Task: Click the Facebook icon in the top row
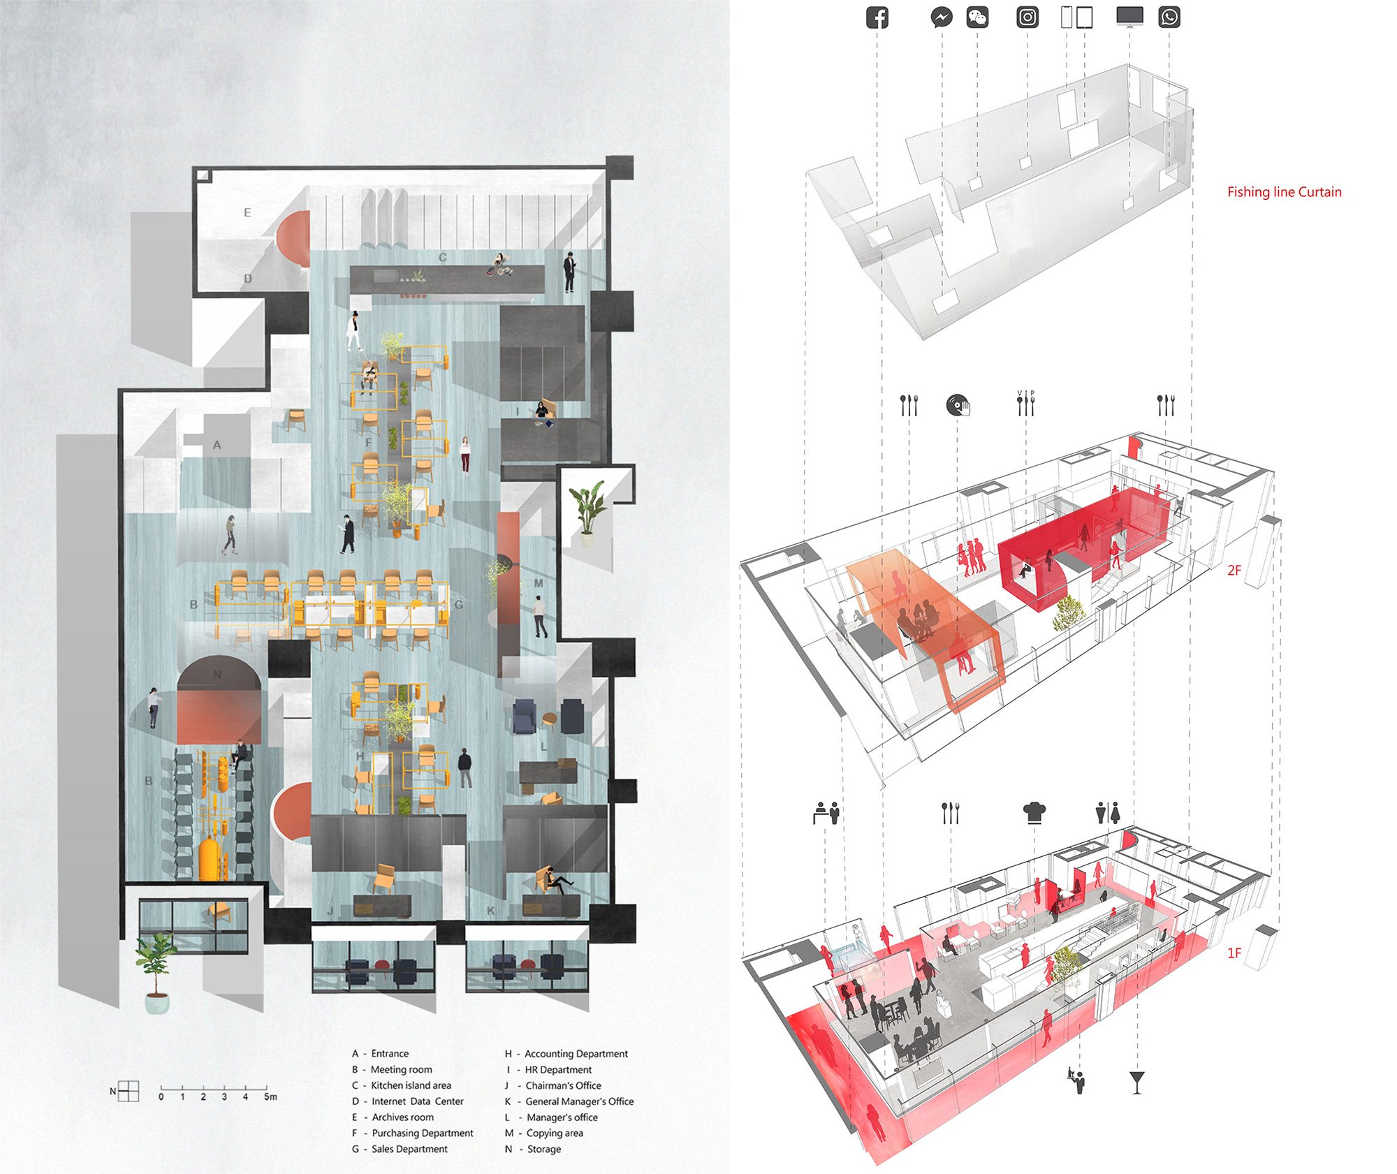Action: [x=877, y=17]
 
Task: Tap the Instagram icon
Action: [x=1027, y=17]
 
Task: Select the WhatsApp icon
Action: [x=1169, y=17]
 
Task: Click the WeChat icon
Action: [x=977, y=17]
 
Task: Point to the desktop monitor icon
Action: [x=1129, y=17]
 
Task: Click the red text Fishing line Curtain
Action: [x=1285, y=192]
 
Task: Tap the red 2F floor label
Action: [x=1234, y=570]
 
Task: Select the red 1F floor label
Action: [x=1234, y=953]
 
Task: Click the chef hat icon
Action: [x=1034, y=812]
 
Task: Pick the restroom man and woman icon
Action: [x=1108, y=812]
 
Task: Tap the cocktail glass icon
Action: [x=1137, y=1082]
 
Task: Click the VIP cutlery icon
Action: [x=1025, y=403]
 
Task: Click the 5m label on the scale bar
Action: [x=270, y=1096]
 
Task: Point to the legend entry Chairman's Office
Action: [x=563, y=1085]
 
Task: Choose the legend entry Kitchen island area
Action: [x=411, y=1085]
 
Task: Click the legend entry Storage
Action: [x=544, y=1149]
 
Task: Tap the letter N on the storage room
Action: [x=217, y=674]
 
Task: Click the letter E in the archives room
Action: [x=247, y=212]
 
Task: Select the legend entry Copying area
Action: [x=555, y=1133]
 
